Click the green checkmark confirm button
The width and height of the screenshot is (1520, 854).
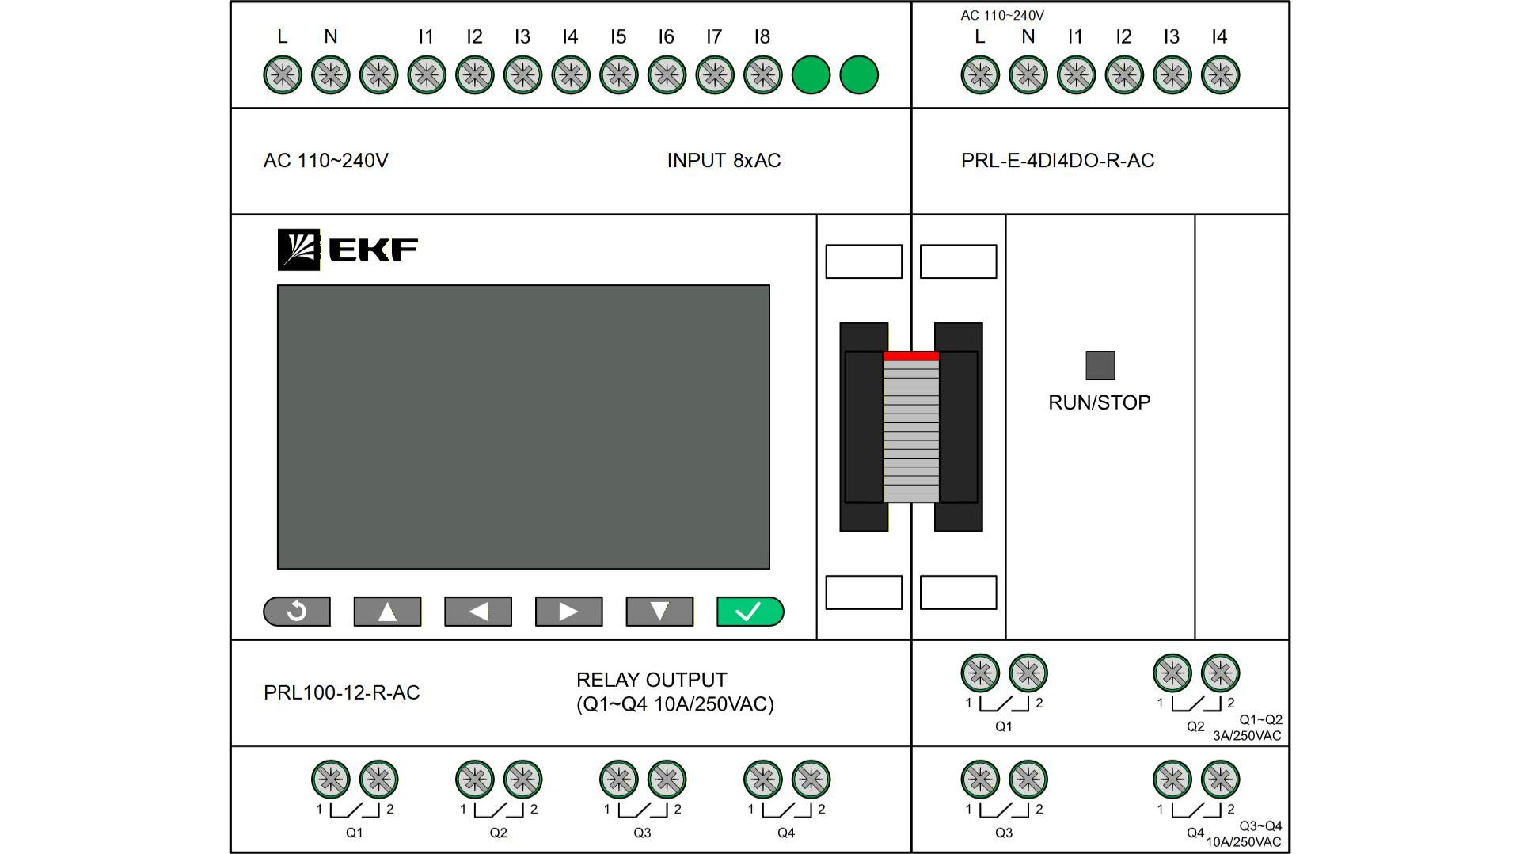750,612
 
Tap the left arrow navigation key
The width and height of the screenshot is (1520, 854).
478,612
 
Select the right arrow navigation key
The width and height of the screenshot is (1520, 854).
568,612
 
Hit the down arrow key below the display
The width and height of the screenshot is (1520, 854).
659,612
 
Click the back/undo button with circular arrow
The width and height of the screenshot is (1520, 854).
297,612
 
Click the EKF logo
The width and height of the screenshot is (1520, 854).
348,250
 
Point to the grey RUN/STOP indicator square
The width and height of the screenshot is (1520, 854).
1100,365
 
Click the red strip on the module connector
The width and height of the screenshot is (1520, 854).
911,356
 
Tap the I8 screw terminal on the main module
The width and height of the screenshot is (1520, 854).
762,75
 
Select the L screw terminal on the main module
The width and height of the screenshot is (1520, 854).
283,75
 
